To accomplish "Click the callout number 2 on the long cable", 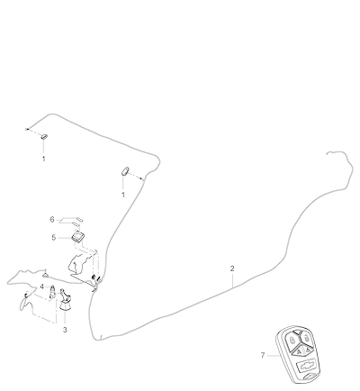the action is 232,268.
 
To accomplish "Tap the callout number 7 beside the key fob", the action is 263,356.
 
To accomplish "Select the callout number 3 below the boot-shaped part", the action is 65,330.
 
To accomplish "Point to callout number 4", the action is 42,286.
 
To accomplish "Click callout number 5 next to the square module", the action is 54,238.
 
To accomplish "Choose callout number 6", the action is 52,220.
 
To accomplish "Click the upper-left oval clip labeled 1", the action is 44,137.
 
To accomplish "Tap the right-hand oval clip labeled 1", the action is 125,170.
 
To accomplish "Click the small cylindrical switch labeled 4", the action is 53,291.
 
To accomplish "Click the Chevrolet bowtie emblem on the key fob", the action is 306,366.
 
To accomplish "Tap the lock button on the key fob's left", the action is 292,341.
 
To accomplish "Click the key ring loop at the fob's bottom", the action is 309,377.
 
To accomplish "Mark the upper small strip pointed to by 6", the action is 79,219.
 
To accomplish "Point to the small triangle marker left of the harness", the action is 45,275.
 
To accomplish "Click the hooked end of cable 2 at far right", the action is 328,153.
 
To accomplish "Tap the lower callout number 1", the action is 123,195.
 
